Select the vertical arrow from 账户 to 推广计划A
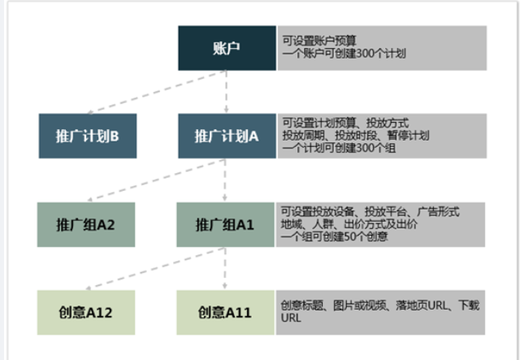pyautogui.click(x=225, y=92)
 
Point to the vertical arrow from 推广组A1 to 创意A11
pyautogui.click(x=225, y=268)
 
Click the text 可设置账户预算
pyautogui.click(x=320, y=38)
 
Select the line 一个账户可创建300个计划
pyautogui.click(x=344, y=53)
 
